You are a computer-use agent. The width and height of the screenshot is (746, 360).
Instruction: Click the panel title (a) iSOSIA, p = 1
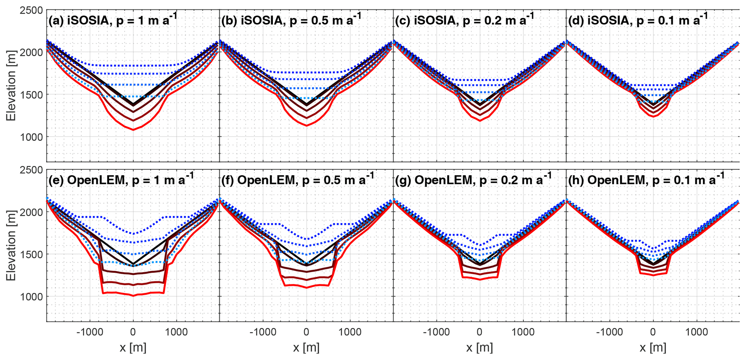pyautogui.click(x=113, y=20)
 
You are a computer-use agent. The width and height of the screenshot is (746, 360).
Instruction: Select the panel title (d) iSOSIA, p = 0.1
pyautogui.click(x=638, y=20)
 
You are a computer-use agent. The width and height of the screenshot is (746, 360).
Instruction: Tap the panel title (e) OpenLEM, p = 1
pyautogui.click(x=121, y=179)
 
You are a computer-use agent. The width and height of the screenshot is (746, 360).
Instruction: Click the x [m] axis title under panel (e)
pyautogui.click(x=133, y=348)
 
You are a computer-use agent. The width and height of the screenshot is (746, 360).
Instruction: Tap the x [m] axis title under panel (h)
pyautogui.click(x=653, y=348)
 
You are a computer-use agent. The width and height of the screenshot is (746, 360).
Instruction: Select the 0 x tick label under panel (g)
pyautogui.click(x=480, y=332)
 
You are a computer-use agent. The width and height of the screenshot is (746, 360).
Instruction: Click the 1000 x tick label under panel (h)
pyautogui.click(x=696, y=332)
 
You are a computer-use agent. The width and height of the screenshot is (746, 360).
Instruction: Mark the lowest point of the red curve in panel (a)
pyautogui.click(x=133, y=130)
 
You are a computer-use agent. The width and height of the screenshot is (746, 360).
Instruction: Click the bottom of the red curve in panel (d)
pyautogui.click(x=653, y=117)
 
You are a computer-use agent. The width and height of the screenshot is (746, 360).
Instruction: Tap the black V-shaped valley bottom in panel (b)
pyautogui.click(x=307, y=105)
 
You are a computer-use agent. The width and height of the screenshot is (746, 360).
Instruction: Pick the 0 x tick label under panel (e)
pyautogui.click(x=133, y=332)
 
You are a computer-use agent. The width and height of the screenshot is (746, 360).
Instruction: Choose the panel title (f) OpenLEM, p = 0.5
pyautogui.click(x=297, y=179)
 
